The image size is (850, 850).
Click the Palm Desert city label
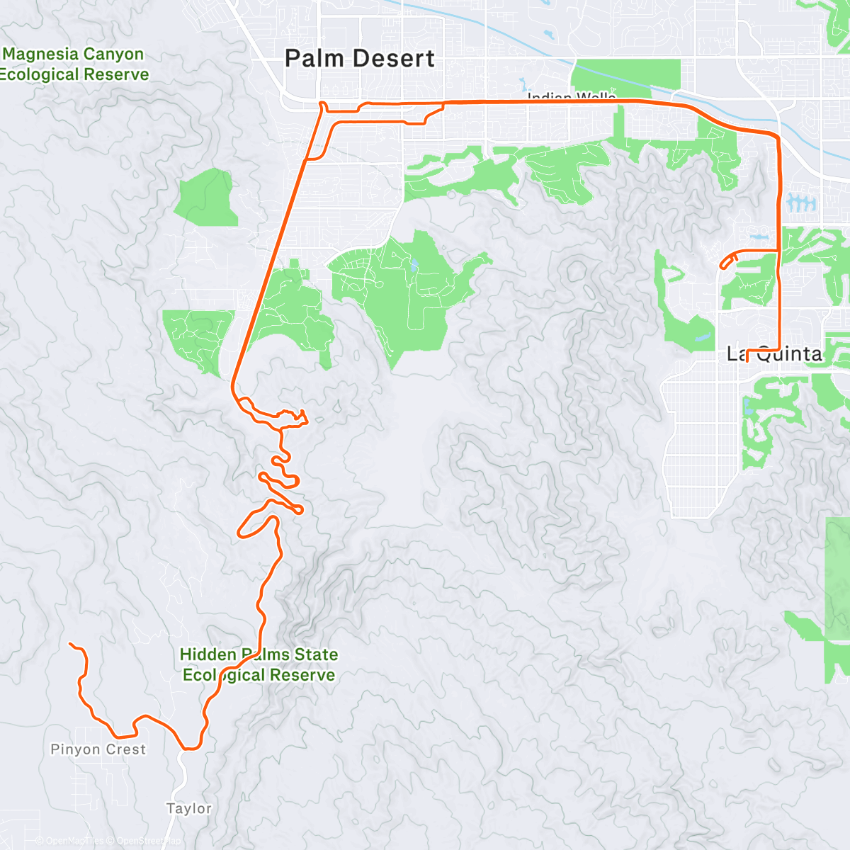click(x=359, y=59)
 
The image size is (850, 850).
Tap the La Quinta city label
click(x=776, y=353)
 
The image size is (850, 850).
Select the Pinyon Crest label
click(x=98, y=749)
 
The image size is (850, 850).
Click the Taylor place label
click(x=189, y=808)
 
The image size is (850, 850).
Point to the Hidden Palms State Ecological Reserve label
click(x=259, y=664)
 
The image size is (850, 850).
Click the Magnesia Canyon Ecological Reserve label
click(x=74, y=64)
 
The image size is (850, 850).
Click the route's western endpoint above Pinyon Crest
click(x=70, y=644)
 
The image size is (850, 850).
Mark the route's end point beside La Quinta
click(x=747, y=360)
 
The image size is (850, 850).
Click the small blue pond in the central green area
click(x=413, y=267)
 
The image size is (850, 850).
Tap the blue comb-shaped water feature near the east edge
click(x=800, y=204)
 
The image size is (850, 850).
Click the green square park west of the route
click(x=206, y=198)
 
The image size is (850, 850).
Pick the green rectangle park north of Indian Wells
click(x=625, y=75)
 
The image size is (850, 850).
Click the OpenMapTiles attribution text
click(x=74, y=841)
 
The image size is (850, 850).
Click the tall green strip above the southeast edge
click(x=837, y=599)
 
